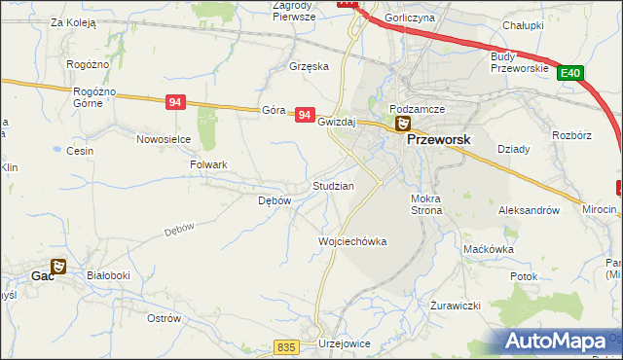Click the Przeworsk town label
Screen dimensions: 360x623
pos(438,139)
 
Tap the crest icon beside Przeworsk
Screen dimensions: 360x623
pos(401,124)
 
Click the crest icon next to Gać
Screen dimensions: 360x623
pos(59,266)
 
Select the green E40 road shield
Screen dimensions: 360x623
pos(570,73)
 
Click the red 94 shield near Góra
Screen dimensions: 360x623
pos(305,115)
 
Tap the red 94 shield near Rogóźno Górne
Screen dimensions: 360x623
pos(175,102)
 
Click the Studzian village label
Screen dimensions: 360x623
pos(332,185)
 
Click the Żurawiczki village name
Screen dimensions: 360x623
pos(456,306)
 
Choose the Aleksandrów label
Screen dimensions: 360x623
pos(529,210)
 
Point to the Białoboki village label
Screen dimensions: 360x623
pos(108,275)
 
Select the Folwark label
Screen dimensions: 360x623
pos(208,164)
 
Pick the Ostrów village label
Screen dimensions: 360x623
pos(164,318)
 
